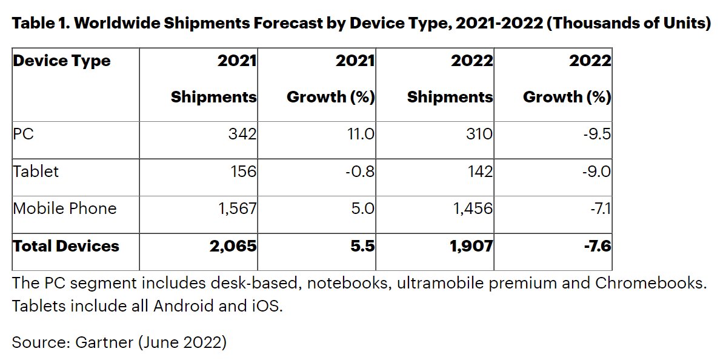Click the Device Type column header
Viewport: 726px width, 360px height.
pos(62,61)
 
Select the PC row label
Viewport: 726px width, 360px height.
pos(24,133)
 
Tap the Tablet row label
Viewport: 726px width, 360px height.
pos(36,171)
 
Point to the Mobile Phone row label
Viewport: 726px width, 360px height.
pos(65,208)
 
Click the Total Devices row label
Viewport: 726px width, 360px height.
pos(66,246)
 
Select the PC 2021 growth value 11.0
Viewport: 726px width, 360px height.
pos(360,133)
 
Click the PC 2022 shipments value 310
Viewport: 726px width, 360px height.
pos(478,133)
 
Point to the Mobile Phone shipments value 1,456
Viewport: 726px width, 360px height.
pos(472,208)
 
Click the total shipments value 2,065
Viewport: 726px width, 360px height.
pos(234,246)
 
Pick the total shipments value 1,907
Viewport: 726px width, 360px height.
pos(471,246)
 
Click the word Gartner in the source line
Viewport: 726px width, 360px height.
pos(104,342)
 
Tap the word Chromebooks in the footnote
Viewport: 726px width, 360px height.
pos(650,284)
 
